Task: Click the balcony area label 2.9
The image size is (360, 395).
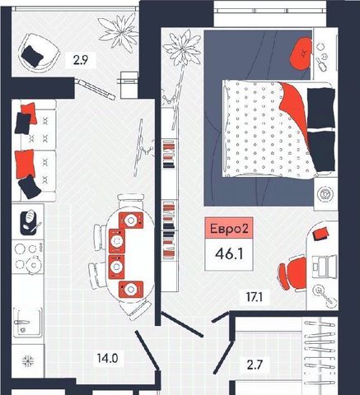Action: [x=81, y=60]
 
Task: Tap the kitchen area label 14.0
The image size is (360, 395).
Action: [x=107, y=358]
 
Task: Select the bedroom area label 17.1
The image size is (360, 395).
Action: [x=255, y=297]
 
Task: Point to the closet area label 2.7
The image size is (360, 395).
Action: [x=255, y=365]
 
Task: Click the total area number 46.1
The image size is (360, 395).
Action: [x=229, y=254]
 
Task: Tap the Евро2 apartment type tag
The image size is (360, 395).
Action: [x=229, y=229]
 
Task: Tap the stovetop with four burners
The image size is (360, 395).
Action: [x=28, y=257]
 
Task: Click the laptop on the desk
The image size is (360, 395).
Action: [x=325, y=266]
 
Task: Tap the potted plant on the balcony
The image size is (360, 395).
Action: [x=119, y=32]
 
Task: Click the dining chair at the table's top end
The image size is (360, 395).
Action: [x=130, y=201]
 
